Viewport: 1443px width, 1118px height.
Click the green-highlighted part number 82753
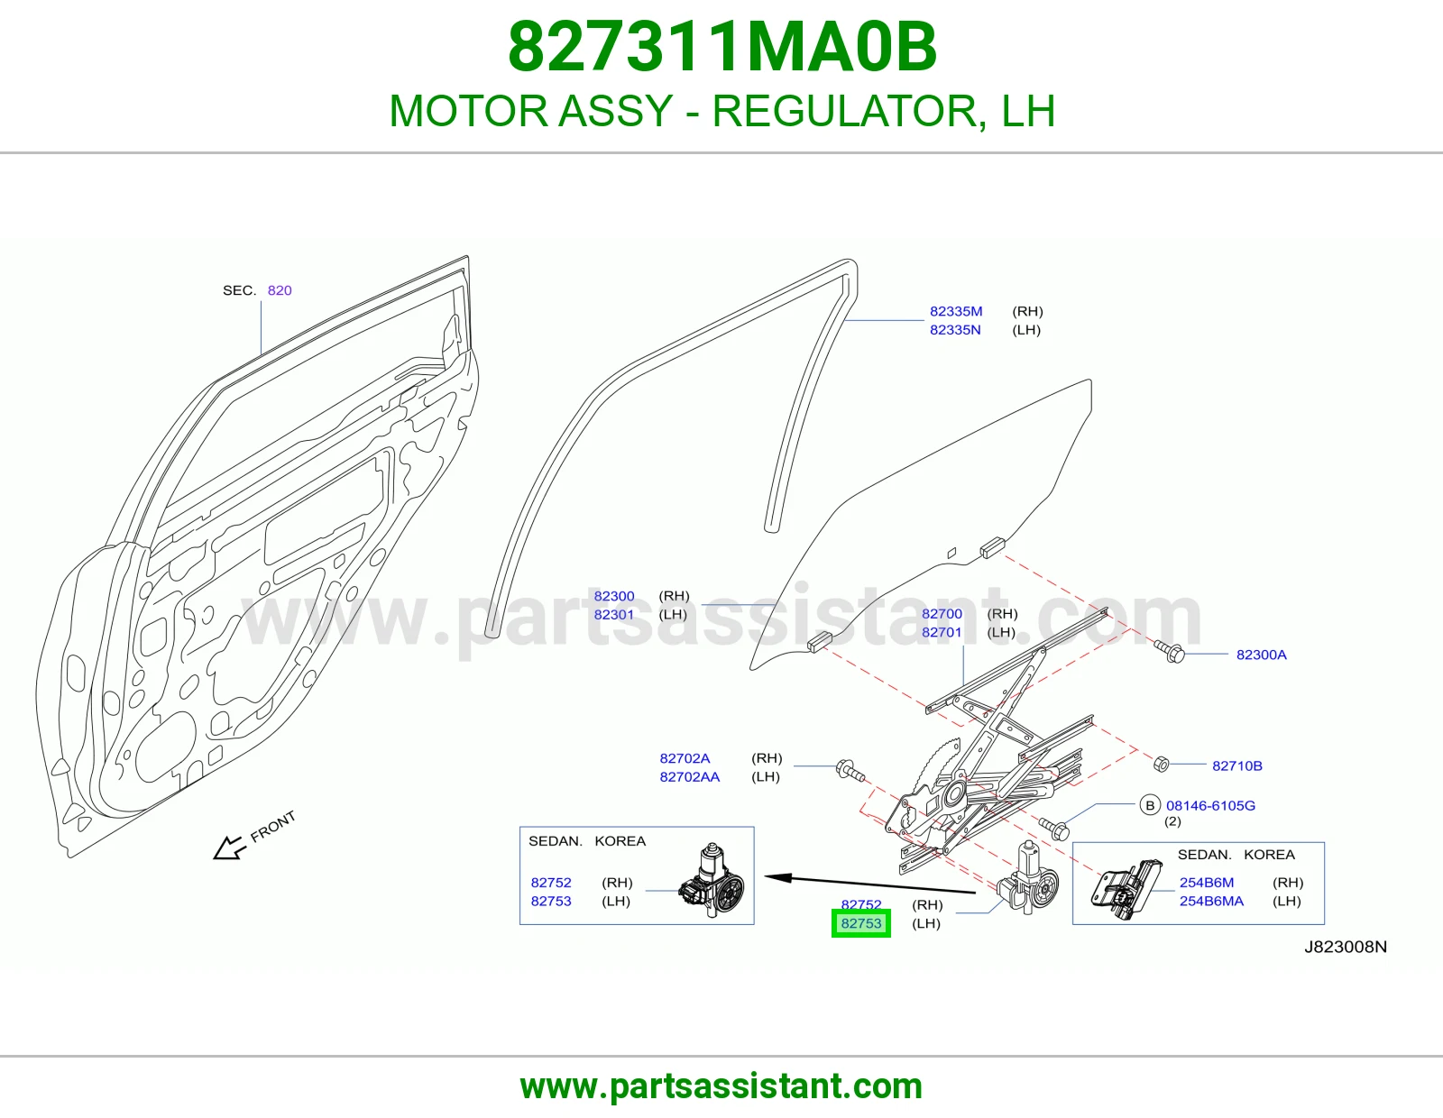click(860, 923)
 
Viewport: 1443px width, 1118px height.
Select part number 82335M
click(956, 311)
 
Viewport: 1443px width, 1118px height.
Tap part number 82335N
click(955, 329)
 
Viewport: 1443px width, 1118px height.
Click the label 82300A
click(1261, 655)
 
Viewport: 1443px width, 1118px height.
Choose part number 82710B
click(1237, 765)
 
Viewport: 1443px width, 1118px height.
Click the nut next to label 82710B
click(1161, 764)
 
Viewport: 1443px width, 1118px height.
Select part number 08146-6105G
click(1210, 805)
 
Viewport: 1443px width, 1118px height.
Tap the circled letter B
click(1150, 805)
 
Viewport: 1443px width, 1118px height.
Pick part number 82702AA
click(689, 777)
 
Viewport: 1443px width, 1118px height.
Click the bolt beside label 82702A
click(850, 770)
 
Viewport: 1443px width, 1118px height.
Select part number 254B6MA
click(1211, 901)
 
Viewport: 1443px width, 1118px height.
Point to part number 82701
click(942, 632)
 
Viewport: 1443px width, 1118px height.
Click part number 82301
click(613, 615)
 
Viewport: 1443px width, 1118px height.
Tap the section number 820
click(280, 290)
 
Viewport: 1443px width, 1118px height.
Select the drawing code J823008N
click(1346, 947)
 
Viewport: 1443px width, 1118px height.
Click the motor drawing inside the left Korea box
click(712, 880)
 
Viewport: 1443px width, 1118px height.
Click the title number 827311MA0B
click(721, 47)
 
